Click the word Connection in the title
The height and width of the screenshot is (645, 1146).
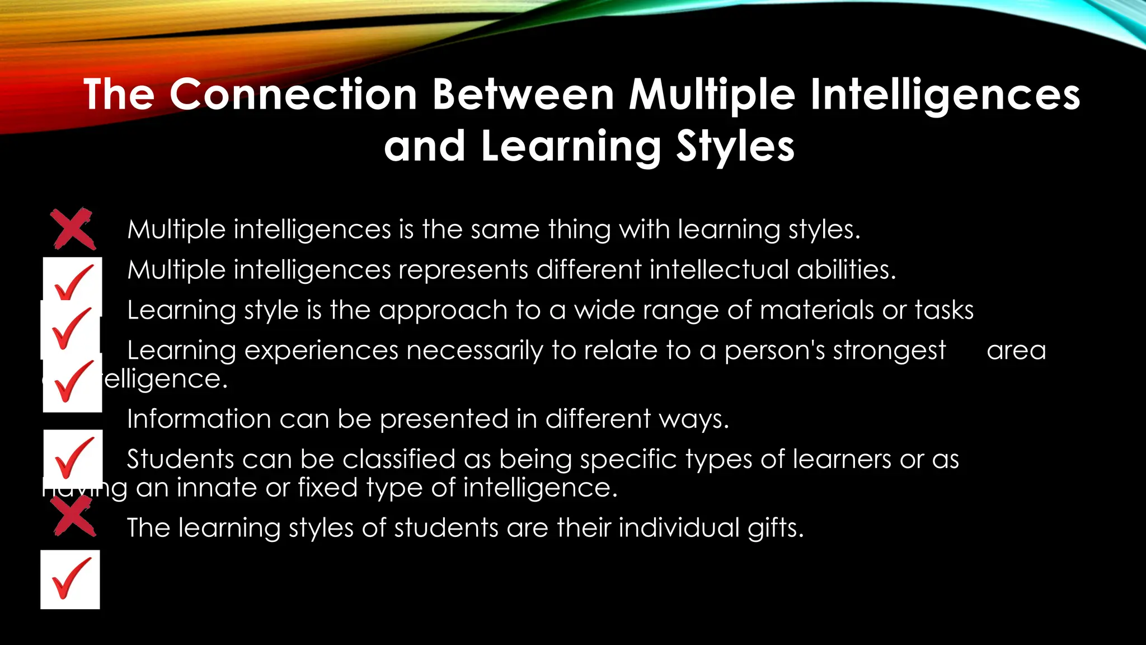(x=293, y=94)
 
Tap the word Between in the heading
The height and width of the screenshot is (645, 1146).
(x=524, y=94)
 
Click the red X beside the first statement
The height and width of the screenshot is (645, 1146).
(x=72, y=228)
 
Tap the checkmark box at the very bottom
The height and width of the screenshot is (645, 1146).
(x=71, y=579)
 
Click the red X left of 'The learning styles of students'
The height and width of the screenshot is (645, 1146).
(x=73, y=516)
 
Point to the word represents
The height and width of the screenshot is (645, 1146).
(x=463, y=270)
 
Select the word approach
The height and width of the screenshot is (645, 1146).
(x=443, y=310)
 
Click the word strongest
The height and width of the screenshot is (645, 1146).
(x=889, y=350)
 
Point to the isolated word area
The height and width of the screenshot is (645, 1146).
(x=1016, y=350)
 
